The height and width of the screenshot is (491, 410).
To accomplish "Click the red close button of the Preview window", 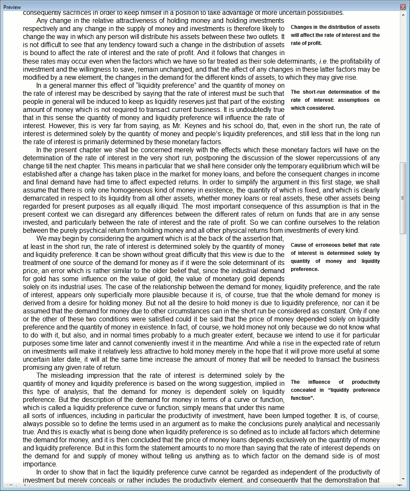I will click(x=403, y=7).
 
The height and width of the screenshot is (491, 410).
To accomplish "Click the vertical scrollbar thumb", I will click(x=403, y=198).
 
